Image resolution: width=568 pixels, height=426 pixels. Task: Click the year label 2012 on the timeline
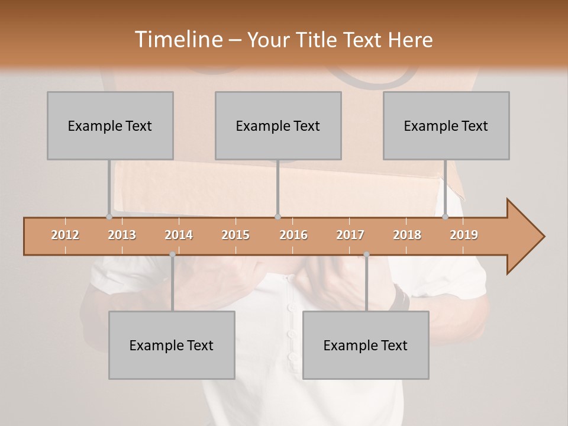[x=65, y=235]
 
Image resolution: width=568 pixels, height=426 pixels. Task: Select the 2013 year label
[x=122, y=235]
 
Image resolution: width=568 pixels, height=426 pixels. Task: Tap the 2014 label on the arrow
[x=179, y=235]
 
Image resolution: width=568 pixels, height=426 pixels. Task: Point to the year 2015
[x=235, y=235]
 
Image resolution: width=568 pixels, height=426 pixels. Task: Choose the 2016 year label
[x=293, y=235]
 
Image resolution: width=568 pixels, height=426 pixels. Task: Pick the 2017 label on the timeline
[x=350, y=235]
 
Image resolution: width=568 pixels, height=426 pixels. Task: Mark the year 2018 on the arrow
[x=407, y=235]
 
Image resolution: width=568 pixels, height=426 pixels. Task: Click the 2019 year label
[x=464, y=235]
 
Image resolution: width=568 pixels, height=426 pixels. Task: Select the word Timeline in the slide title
[x=178, y=40]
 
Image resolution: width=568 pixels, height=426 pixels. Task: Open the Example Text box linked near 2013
[x=110, y=125]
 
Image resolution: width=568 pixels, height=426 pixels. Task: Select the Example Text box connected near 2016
[x=278, y=125]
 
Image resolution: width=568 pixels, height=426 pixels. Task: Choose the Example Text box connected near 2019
[x=446, y=125]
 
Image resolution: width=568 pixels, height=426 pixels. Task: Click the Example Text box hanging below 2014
[x=172, y=345]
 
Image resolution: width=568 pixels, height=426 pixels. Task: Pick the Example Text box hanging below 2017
[x=366, y=345]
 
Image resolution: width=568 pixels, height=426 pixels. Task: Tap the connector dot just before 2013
[x=109, y=217]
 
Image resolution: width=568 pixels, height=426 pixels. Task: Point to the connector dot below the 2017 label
[x=366, y=254]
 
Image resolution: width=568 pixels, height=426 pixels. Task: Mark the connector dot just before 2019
[x=446, y=217]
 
